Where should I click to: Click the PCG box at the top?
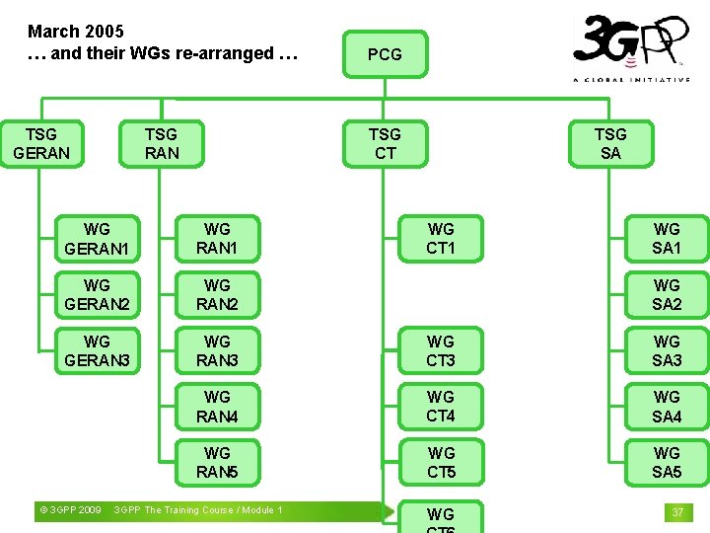click(x=385, y=54)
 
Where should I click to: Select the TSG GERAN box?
click(x=41, y=143)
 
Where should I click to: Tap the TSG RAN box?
click(x=161, y=143)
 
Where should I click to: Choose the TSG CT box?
click(x=385, y=143)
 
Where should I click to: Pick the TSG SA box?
click(x=610, y=143)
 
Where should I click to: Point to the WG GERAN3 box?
click(x=97, y=350)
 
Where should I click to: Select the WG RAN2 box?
click(x=217, y=294)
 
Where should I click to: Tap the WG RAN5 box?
click(x=217, y=462)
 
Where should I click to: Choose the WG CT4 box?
click(x=441, y=406)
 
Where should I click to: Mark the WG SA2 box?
click(x=667, y=294)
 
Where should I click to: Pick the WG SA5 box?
click(x=667, y=462)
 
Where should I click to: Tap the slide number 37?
click(x=677, y=512)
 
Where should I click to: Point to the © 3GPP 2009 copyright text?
click(x=69, y=510)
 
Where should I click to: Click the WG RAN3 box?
click(x=217, y=350)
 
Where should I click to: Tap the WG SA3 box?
click(x=667, y=350)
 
